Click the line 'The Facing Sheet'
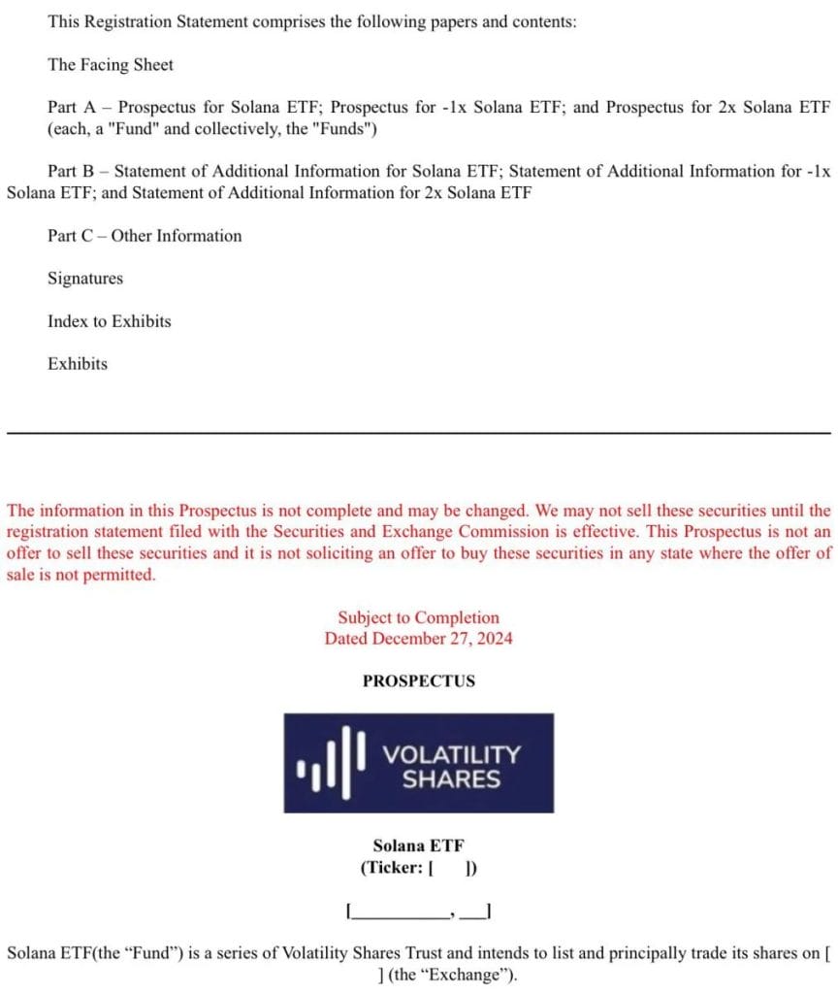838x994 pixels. click(111, 65)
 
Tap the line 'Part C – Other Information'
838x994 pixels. click(145, 236)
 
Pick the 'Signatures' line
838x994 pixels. click(85, 279)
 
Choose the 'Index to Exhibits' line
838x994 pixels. click(109, 321)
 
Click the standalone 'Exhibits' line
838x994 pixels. click(78, 364)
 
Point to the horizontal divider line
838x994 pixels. click(419, 432)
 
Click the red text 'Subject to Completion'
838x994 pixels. click(418, 617)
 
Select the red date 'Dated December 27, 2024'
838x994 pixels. click(418, 639)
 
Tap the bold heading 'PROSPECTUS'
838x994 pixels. click(418, 681)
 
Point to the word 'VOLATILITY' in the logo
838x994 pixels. click(451, 754)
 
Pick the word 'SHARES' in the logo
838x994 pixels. click(451, 779)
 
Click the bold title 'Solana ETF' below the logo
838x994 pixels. click(418, 846)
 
